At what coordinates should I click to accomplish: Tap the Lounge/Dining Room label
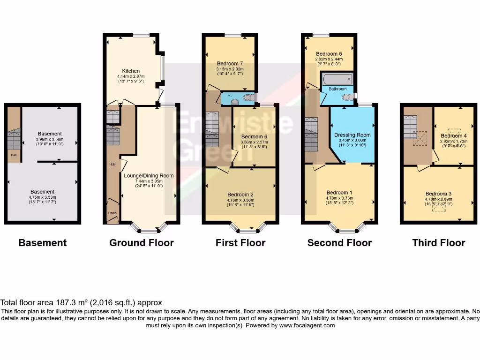tap(149, 176)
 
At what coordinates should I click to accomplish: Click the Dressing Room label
tap(352, 135)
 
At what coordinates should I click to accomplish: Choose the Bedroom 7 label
tap(230, 63)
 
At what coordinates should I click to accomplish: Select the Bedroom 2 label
tap(240, 195)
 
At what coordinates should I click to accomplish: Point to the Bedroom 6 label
tap(253, 136)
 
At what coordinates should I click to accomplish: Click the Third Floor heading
tap(438, 243)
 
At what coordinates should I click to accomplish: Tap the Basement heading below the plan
tap(42, 243)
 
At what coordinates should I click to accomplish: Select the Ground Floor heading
tap(141, 243)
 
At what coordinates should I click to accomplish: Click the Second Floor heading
tap(339, 243)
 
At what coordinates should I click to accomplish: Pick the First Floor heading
tap(240, 243)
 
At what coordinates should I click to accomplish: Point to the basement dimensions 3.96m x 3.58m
tap(50, 139)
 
